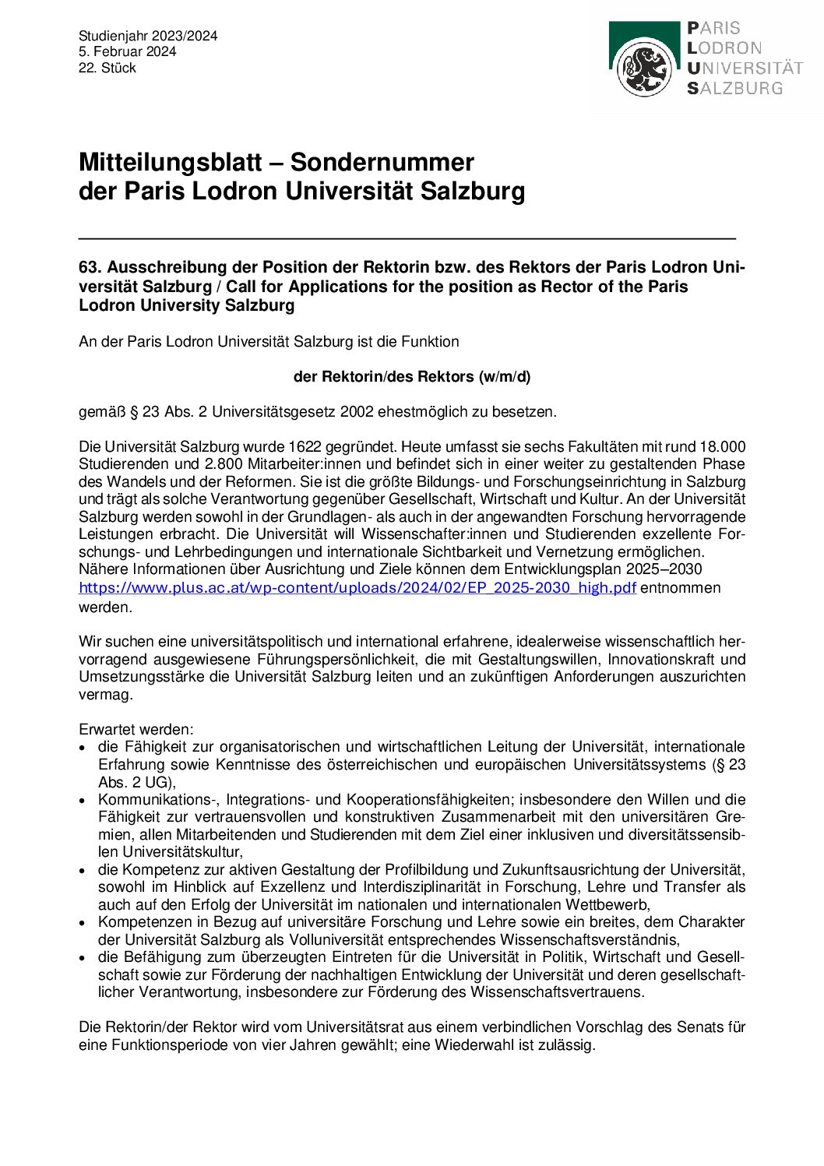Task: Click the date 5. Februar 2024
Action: click(127, 51)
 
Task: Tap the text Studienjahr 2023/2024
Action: click(148, 36)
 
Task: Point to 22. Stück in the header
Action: click(107, 68)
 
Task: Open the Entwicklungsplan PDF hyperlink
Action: click(357, 588)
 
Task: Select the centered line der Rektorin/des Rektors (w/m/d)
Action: click(411, 377)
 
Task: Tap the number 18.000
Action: click(722, 447)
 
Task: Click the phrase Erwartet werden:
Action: click(136, 730)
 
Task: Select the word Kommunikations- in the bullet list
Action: click(158, 800)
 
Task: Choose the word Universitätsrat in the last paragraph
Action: click(354, 1027)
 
